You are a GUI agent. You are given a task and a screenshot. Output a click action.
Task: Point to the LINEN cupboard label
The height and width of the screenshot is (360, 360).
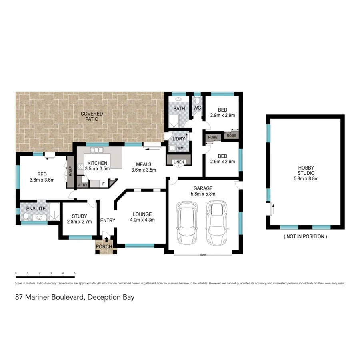coord(178,162)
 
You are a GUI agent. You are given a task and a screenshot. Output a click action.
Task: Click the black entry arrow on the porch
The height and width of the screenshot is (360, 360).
coord(106,240)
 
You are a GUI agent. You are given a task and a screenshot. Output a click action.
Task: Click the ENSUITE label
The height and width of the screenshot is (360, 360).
coord(36,209)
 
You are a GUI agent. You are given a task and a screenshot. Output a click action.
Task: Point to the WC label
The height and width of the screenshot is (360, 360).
coord(197,108)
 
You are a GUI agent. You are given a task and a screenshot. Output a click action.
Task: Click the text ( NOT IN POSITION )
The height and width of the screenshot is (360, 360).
coord(306,236)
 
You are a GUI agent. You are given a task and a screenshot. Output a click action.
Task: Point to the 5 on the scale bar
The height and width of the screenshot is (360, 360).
coord(75,274)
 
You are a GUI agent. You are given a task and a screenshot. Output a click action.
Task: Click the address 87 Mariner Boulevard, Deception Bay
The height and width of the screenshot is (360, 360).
coord(74,297)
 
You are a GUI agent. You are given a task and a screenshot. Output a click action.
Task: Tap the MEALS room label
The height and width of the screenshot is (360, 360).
coord(144,164)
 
